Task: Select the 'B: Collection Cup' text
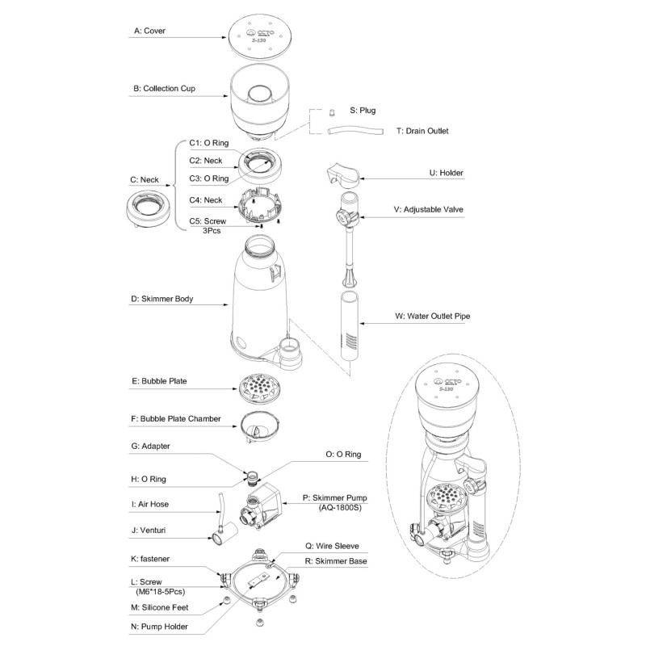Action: [x=165, y=88]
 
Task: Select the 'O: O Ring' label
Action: [x=342, y=455]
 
